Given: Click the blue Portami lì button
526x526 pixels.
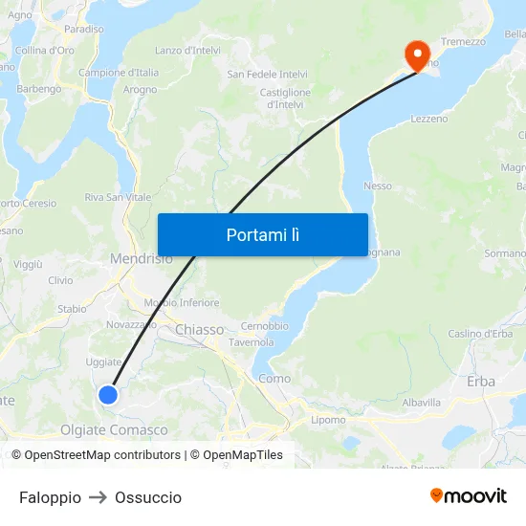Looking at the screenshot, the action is pyautogui.click(x=262, y=234).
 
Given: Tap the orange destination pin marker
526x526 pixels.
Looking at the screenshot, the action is pyautogui.click(x=417, y=55).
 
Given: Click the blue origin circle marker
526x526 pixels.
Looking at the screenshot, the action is pyautogui.click(x=108, y=394).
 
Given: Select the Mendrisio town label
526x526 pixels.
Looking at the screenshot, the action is pyautogui.click(x=142, y=258).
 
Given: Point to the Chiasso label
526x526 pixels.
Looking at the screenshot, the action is pyautogui.click(x=199, y=330).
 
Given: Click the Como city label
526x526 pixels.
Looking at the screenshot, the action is pyautogui.click(x=274, y=379).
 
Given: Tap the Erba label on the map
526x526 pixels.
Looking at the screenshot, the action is pyautogui.click(x=481, y=381).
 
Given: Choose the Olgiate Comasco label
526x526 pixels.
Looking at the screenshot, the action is pyautogui.click(x=114, y=430).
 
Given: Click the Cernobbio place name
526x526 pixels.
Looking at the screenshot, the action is pyautogui.click(x=265, y=325).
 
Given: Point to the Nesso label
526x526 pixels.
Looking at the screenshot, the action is pyautogui.click(x=378, y=186).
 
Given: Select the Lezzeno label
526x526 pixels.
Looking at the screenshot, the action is pyautogui.click(x=428, y=119).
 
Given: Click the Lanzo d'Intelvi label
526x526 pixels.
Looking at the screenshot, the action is pyautogui.click(x=187, y=50).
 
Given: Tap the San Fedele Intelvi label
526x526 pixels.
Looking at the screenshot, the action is pyautogui.click(x=267, y=74).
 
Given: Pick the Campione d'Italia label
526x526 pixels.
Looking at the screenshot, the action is pyautogui.click(x=119, y=73).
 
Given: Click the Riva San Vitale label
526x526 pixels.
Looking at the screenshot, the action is pyautogui.click(x=118, y=197).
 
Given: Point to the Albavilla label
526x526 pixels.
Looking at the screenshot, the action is pyautogui.click(x=421, y=403).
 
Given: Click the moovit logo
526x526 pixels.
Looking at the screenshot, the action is pyautogui.click(x=469, y=495).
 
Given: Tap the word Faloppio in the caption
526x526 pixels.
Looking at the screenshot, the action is pyautogui.click(x=50, y=497).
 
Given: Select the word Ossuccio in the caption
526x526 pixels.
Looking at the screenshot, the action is pyautogui.click(x=148, y=497).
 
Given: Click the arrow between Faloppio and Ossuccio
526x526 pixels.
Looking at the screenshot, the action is pyautogui.click(x=98, y=497).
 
